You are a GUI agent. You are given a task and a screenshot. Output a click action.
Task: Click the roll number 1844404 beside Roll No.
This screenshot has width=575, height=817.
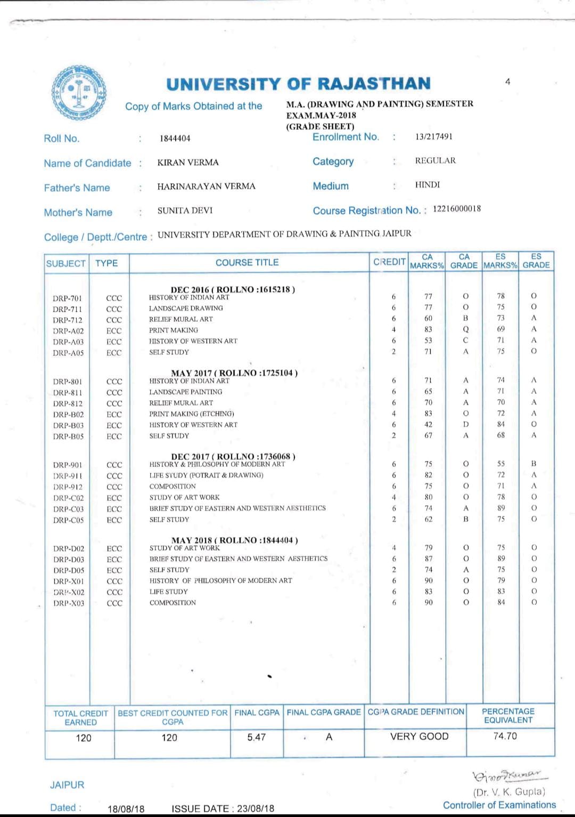coord(175,139)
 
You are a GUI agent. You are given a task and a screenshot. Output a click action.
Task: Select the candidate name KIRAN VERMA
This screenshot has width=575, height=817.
coord(188,163)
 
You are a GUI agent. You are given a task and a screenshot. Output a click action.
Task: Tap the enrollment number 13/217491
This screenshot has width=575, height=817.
coord(434,136)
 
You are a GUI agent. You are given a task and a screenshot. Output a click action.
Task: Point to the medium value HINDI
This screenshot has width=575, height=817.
coord(428,185)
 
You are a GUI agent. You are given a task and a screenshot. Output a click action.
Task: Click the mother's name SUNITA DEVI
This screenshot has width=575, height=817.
coord(185,211)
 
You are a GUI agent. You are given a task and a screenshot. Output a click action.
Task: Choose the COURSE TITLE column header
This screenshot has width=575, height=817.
coord(247,263)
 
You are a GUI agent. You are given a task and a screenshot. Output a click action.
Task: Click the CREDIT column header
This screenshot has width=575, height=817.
coord(389,262)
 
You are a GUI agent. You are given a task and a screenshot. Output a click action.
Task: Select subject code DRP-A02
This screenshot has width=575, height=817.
coord(68,331)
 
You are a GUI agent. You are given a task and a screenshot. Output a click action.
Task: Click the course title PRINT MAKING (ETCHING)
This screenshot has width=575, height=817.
coord(192,414)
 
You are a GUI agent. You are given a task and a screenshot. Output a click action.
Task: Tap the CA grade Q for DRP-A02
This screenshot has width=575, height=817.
coord(465,329)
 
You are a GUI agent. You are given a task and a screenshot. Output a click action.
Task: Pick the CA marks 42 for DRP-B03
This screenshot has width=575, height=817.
coord(428,425)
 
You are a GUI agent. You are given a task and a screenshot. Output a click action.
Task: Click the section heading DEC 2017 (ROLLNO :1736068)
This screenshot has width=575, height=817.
coord(233,457)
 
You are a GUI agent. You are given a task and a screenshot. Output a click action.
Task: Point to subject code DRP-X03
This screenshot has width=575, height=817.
coord(69,603)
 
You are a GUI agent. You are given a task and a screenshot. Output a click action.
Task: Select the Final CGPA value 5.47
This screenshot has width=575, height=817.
coord(256,737)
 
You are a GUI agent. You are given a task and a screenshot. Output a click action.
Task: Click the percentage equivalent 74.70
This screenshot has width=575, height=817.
coord(505,736)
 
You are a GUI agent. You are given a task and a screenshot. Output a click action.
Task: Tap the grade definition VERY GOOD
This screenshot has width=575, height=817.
coord(419,737)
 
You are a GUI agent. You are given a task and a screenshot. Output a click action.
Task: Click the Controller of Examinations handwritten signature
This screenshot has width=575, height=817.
coord(505,774)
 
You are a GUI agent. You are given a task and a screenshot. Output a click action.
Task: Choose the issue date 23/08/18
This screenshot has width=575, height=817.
coord(256,808)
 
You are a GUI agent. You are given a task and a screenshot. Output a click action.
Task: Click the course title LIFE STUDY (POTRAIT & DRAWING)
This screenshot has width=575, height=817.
coord(206,475)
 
